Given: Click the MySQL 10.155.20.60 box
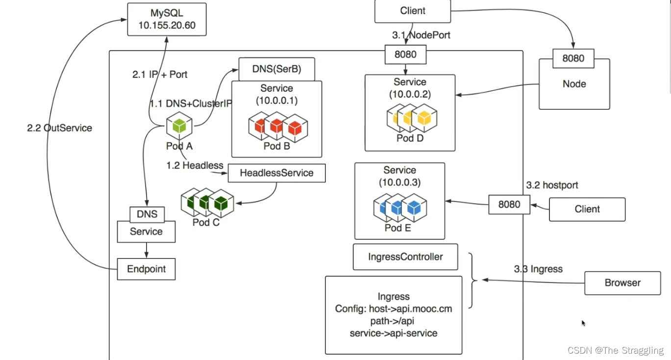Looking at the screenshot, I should click(x=167, y=19).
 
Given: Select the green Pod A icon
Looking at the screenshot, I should click(x=179, y=126).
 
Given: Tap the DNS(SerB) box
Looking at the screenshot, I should click(x=276, y=70).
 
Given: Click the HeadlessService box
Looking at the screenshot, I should click(x=276, y=173).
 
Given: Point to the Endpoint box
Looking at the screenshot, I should click(x=146, y=269).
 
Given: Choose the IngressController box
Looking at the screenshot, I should click(x=405, y=257).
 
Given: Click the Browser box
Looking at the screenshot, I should click(x=622, y=283).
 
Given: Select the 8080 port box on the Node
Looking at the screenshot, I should click(x=573, y=58).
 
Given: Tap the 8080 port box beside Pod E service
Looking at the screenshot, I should click(x=509, y=205).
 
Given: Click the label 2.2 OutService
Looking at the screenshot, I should click(x=59, y=128).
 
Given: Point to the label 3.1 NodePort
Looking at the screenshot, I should click(x=421, y=35).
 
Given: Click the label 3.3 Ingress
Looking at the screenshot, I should click(x=538, y=269).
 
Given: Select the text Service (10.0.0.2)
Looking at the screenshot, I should click(x=410, y=88).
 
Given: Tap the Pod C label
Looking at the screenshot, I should click(x=206, y=222).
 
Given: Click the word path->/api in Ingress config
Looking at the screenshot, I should click(x=394, y=321).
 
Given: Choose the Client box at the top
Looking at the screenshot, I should click(x=413, y=11).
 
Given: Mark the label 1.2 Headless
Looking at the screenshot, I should click(x=195, y=166).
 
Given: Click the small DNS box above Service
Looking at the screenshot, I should click(x=147, y=214).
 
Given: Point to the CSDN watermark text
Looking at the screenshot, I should click(x=615, y=350).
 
